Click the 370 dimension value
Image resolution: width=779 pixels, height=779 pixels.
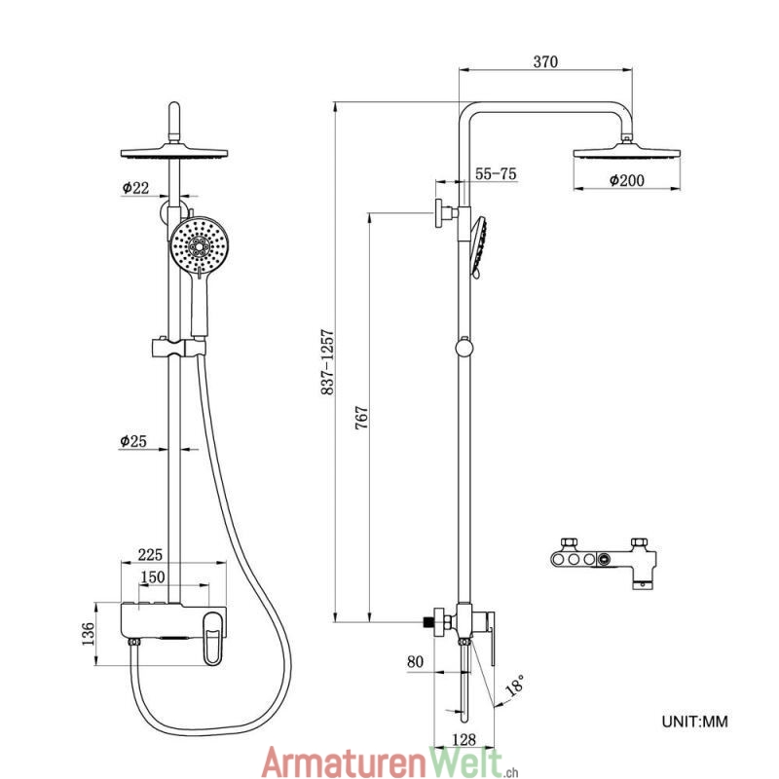[545, 62]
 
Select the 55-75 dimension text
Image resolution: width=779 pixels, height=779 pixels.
[495, 174]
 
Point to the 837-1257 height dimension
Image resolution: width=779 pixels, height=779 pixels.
[328, 361]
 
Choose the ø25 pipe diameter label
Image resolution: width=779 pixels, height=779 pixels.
[133, 441]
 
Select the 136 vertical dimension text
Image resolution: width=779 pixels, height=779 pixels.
[88, 635]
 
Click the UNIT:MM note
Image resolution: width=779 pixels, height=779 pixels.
[694, 722]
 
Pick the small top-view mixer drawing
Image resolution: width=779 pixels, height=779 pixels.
[602, 561]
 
